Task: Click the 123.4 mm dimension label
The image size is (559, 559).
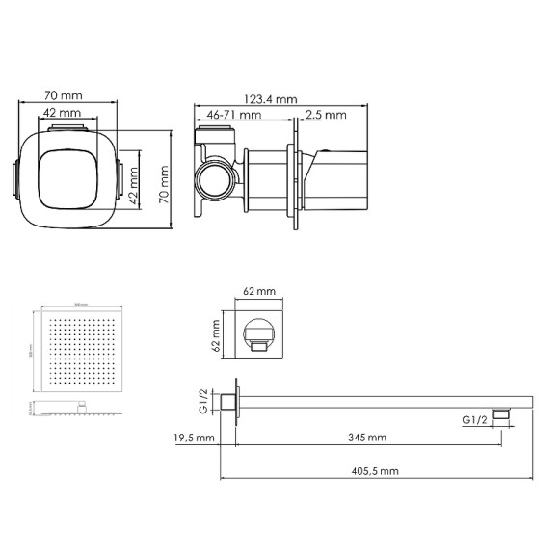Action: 270,99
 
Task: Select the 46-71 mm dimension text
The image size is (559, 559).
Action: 234,115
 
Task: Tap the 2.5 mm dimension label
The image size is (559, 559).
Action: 325,115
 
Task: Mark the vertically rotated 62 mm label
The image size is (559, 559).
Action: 217,331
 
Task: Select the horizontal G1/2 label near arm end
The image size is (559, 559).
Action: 474,420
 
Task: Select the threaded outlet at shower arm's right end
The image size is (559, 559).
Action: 500,415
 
